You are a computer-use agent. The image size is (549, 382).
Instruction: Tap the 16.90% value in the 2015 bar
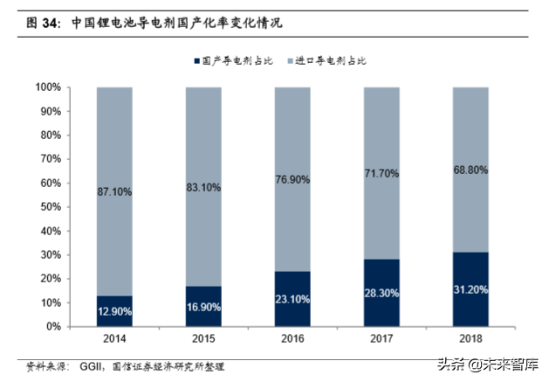coord(203,308)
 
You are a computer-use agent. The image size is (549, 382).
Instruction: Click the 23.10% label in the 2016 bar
coord(292,300)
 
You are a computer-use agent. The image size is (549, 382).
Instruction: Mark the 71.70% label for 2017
coord(381,174)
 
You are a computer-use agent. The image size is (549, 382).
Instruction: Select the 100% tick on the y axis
coord(48,88)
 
